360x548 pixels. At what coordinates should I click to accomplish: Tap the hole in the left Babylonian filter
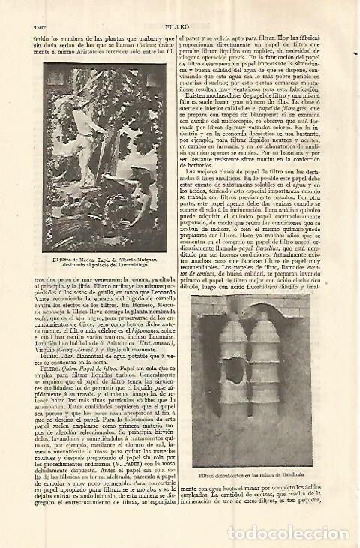pos(234,369)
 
